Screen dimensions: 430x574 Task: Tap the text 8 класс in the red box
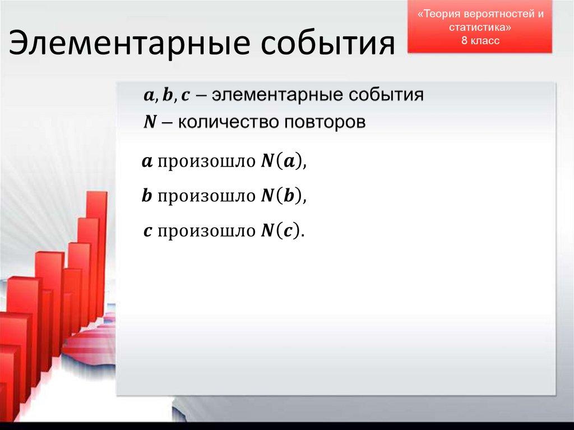tap(480, 40)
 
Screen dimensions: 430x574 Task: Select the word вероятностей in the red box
tap(497, 15)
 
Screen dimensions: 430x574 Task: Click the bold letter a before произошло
tap(147, 163)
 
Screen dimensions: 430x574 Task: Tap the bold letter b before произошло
tap(147, 196)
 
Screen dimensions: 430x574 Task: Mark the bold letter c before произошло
tap(147, 230)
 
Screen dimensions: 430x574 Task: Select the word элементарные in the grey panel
tap(277, 95)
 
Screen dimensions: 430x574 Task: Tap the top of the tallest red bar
tap(97, 194)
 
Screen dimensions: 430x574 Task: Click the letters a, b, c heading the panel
tap(167, 95)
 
